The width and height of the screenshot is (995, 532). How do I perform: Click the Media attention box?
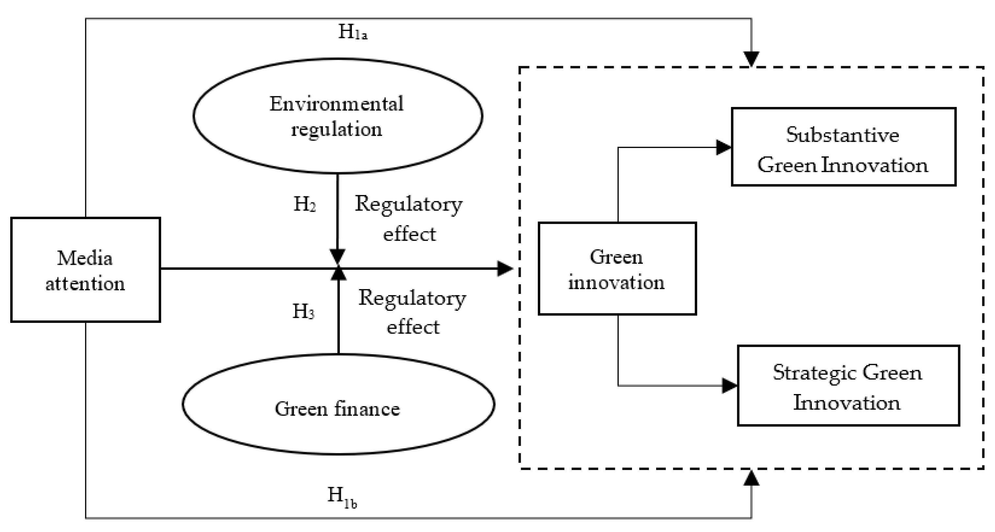[x=85, y=269]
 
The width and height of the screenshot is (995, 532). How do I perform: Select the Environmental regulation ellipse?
[x=337, y=116]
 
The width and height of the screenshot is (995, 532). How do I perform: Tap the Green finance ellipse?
[x=338, y=404]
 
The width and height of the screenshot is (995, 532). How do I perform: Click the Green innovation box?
[x=617, y=269]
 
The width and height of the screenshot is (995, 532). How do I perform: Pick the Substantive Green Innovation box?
[x=843, y=147]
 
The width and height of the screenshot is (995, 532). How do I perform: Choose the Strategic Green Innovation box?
[x=848, y=386]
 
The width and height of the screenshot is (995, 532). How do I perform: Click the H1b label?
[x=342, y=497]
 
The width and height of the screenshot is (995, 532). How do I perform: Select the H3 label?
[x=304, y=311]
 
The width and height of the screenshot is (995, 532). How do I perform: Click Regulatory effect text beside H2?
[x=409, y=219]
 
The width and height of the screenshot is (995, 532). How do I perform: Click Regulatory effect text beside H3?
[x=412, y=312]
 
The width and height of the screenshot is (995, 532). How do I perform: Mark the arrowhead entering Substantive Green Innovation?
[x=723, y=147]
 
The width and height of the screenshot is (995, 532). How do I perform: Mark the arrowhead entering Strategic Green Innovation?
[x=729, y=386]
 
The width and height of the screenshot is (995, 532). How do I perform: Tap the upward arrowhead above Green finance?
[x=339, y=273]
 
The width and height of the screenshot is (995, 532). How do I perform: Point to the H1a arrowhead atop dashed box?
[x=751, y=59]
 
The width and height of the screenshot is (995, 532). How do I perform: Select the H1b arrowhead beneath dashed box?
[x=751, y=478]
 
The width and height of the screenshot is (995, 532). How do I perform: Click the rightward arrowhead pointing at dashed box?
[x=504, y=269]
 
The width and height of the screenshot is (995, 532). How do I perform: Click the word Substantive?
[x=843, y=135]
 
